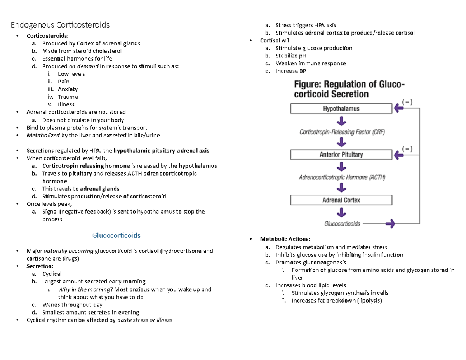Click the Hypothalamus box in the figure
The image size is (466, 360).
[341, 109]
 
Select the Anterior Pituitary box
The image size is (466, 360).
[341, 155]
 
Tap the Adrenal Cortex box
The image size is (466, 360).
[341, 200]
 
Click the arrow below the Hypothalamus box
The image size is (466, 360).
[341, 121]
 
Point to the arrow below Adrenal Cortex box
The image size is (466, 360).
[341, 212]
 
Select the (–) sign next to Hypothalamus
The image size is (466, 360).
[407, 102]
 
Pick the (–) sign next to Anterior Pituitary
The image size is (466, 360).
[407, 148]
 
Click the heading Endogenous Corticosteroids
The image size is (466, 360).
[60, 25]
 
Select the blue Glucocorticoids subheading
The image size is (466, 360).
[116, 235]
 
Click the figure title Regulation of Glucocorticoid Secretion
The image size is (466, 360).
[348, 89]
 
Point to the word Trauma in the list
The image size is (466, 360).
[68, 97]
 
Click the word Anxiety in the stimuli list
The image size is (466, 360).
[68, 89]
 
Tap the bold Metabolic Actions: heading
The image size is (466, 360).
[285, 239]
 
